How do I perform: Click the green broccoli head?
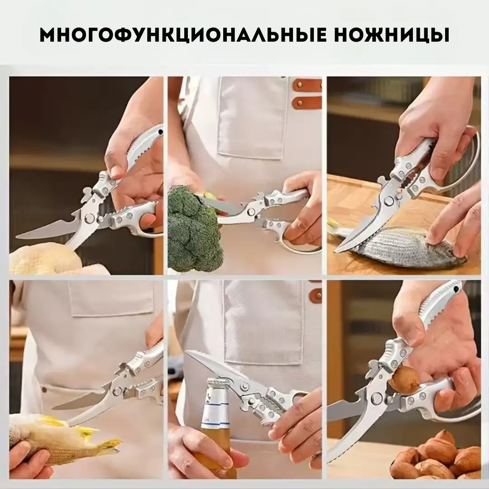coord(192,231)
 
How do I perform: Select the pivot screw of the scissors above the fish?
coord(388,201)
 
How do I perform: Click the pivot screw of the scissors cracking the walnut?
coord(377,398)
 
